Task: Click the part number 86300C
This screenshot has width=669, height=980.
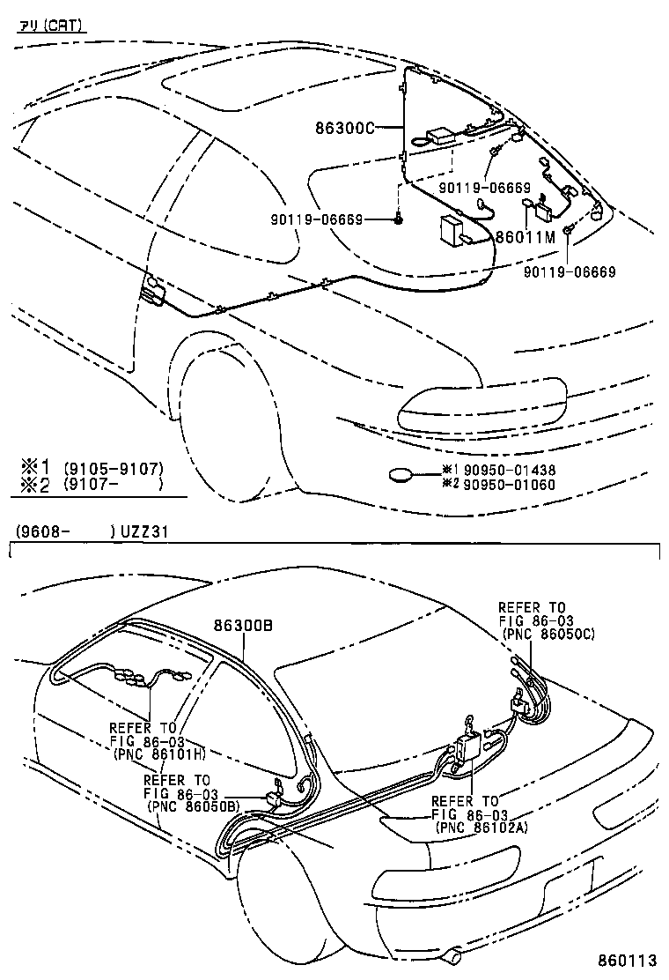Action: pos(344,127)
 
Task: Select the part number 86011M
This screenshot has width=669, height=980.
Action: pos(526,236)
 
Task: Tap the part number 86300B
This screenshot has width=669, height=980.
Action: pos(243,624)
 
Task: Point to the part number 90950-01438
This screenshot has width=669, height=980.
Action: pos(510,471)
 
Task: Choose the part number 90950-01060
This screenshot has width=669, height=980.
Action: pos(510,484)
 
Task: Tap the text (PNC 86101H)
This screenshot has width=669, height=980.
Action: pos(158,754)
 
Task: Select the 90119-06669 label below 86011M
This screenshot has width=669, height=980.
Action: pos(569,272)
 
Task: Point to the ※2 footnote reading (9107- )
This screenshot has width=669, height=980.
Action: pos(113,484)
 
